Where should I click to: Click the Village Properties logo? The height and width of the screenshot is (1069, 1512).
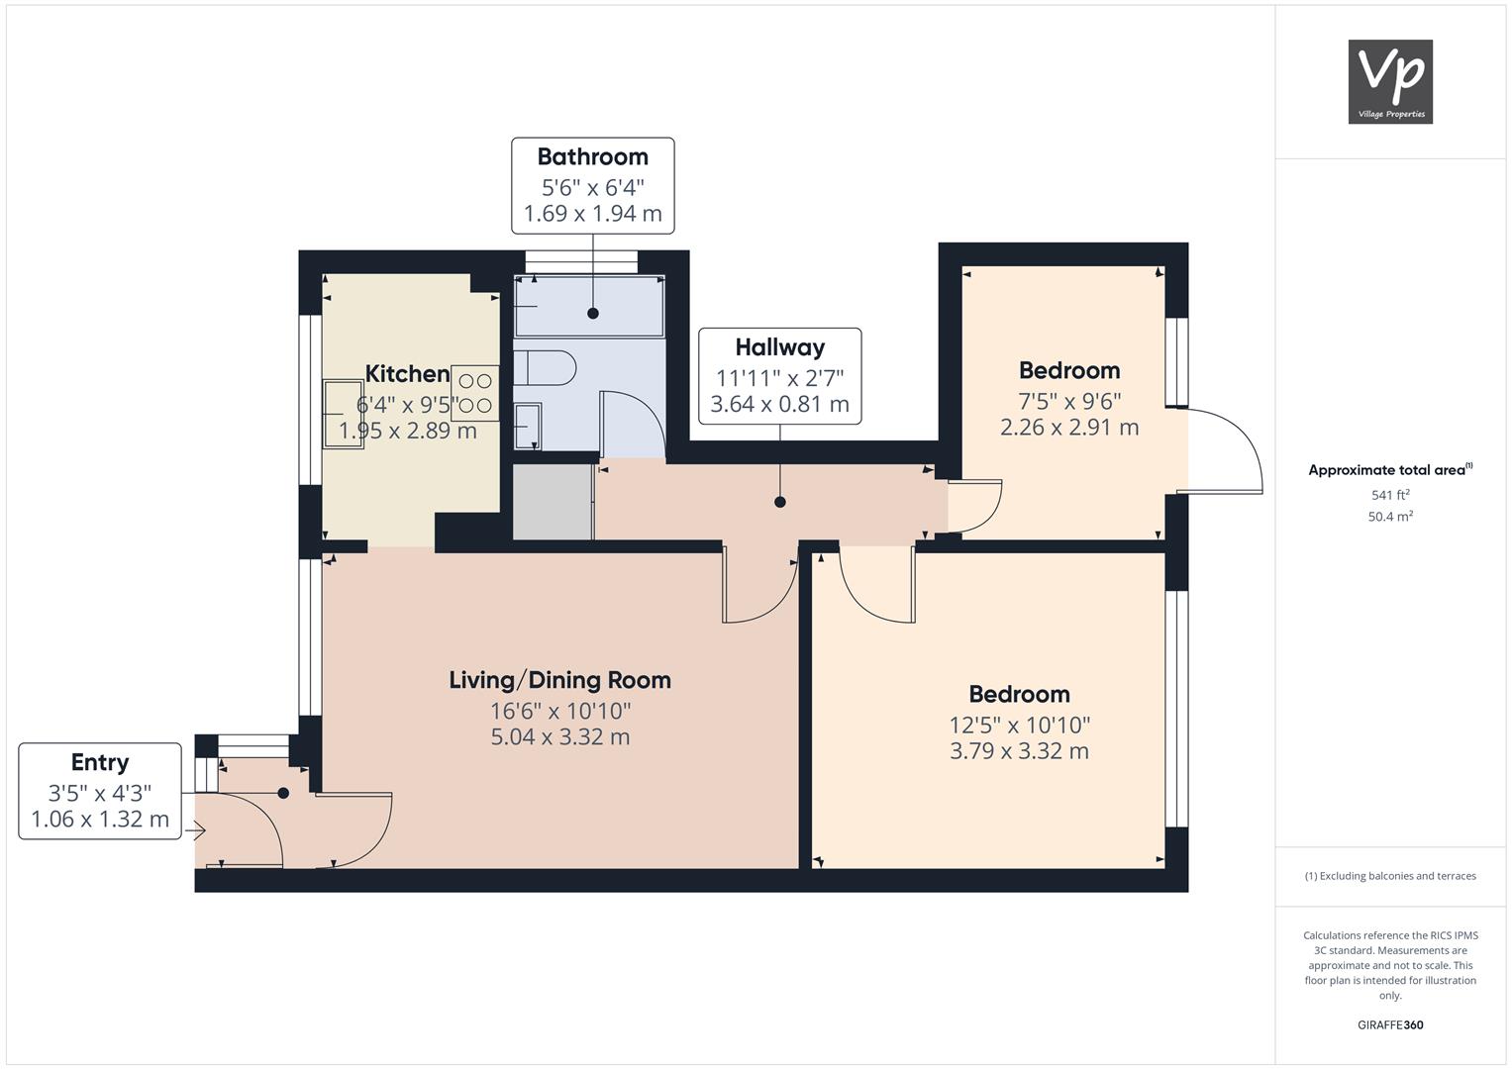pyautogui.click(x=1390, y=81)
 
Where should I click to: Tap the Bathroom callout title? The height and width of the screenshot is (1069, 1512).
pyautogui.click(x=593, y=156)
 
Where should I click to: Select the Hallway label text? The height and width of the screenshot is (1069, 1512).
pyautogui.click(x=779, y=346)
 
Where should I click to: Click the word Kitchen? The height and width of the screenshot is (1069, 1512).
pyautogui.click(x=407, y=373)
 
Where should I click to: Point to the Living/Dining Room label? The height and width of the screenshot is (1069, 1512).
pyautogui.click(x=560, y=680)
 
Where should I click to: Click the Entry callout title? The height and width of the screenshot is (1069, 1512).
pyautogui.click(x=100, y=762)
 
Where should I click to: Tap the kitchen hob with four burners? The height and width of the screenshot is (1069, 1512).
pyautogui.click(x=475, y=394)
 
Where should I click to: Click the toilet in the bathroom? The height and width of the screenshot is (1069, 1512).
pyautogui.click(x=545, y=368)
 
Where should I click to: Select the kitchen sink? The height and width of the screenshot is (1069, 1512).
pyautogui.click(x=344, y=414)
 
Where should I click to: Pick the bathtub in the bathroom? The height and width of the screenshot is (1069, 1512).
pyautogui.click(x=589, y=306)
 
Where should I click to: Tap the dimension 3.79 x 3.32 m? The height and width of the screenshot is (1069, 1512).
pyautogui.click(x=1019, y=751)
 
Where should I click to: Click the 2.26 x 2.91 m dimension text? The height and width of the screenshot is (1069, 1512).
pyautogui.click(x=1069, y=428)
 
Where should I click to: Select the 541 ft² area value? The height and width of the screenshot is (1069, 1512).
pyautogui.click(x=1390, y=495)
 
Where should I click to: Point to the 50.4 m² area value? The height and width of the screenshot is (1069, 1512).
pyautogui.click(x=1390, y=517)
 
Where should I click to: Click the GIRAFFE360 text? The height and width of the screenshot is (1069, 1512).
pyautogui.click(x=1390, y=1024)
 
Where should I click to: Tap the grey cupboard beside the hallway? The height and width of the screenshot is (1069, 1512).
pyautogui.click(x=553, y=502)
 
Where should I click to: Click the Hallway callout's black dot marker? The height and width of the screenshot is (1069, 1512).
pyautogui.click(x=779, y=502)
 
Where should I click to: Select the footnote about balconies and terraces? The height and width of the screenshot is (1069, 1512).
pyautogui.click(x=1390, y=876)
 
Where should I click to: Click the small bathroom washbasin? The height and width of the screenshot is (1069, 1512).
pyautogui.click(x=527, y=426)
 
